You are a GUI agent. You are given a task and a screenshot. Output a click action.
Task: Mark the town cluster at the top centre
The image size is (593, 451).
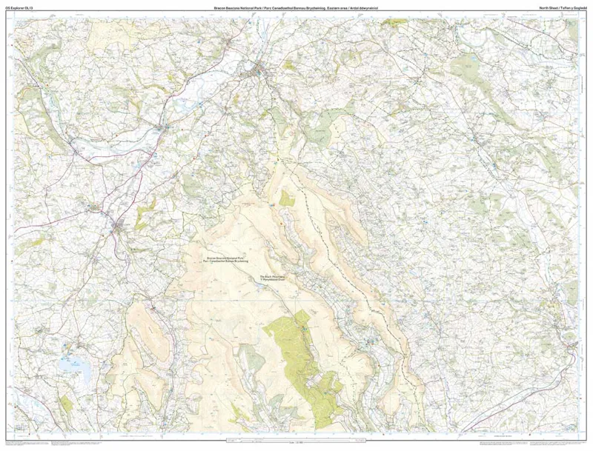click(x=261, y=72)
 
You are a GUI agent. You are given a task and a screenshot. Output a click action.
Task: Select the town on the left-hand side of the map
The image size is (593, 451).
click(x=119, y=225)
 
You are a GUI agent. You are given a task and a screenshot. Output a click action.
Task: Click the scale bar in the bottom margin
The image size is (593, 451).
click(x=296, y=442)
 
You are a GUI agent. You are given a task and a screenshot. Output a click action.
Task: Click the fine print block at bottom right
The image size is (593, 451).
click(x=519, y=444)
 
